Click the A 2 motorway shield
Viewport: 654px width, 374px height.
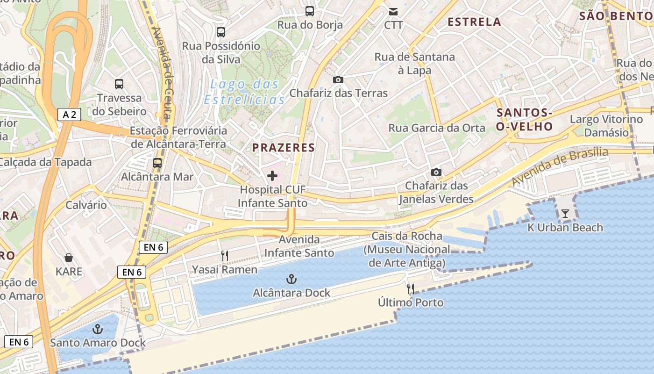(x=69, y=115)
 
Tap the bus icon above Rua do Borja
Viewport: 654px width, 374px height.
(x=309, y=11)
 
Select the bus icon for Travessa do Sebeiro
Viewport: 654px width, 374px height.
(x=119, y=84)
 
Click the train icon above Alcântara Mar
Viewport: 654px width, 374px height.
(x=157, y=163)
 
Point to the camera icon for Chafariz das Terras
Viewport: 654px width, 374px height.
(x=338, y=79)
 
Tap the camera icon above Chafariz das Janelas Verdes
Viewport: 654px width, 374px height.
(x=436, y=173)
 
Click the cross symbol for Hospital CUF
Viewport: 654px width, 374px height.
(x=272, y=176)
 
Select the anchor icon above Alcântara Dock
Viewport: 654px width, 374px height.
(x=291, y=280)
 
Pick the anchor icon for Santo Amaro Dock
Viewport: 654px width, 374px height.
(x=98, y=329)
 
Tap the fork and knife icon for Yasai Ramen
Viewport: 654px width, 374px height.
(x=225, y=256)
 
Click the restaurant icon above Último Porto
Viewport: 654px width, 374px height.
(x=411, y=289)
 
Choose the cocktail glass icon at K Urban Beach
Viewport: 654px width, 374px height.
(x=565, y=214)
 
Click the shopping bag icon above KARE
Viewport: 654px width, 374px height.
(x=69, y=258)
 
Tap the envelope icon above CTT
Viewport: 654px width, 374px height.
(x=393, y=11)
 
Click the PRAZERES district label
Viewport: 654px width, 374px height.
(x=284, y=148)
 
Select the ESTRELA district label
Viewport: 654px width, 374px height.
(x=474, y=22)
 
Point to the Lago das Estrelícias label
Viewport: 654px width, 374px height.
(x=244, y=92)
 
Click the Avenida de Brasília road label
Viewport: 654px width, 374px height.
(x=560, y=166)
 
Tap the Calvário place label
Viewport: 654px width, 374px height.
(x=86, y=205)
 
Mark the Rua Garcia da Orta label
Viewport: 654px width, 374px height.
(x=437, y=128)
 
